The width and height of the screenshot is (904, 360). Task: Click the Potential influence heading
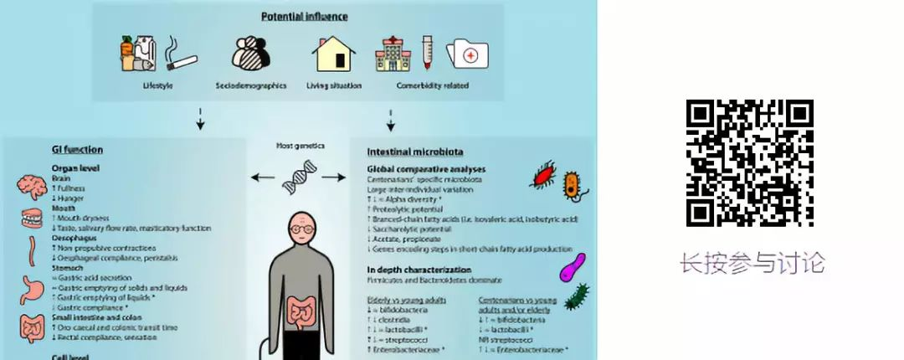(x=305, y=16)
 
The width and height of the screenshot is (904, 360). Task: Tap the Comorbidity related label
(x=433, y=85)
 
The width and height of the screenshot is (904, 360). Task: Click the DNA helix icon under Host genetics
(x=299, y=177)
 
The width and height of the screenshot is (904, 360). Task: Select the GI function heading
(x=78, y=150)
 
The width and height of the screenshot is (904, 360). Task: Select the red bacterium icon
(x=543, y=175)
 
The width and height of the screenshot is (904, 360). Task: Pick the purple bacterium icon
(x=573, y=268)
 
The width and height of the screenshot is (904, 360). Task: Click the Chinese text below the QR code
(x=752, y=263)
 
